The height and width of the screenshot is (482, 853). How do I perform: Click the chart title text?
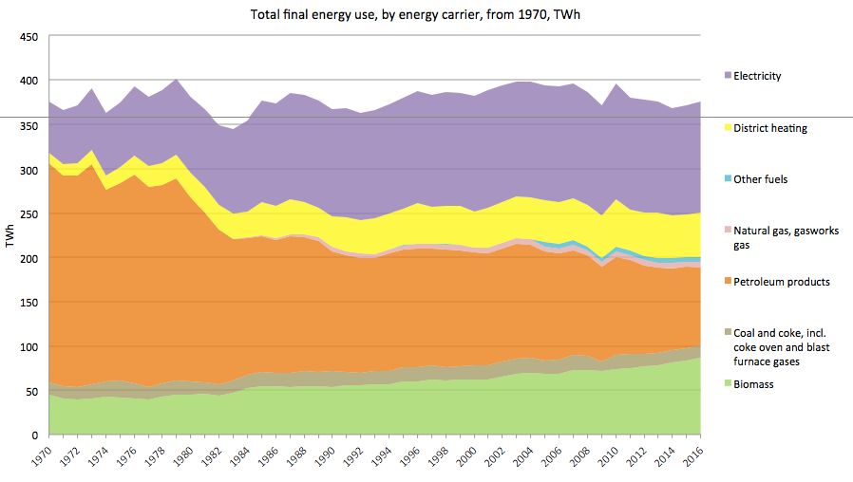point(426,15)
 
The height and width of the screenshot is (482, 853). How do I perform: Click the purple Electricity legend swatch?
point(728,76)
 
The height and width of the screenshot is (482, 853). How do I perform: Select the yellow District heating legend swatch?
point(728,127)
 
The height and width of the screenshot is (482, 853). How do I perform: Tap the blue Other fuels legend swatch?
point(728,178)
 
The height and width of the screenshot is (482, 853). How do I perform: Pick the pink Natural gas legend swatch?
point(728,231)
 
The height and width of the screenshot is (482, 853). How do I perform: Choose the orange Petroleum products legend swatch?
point(728,282)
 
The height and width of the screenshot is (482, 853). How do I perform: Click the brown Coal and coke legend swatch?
point(728,333)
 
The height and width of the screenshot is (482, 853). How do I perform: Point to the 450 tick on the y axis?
point(28,37)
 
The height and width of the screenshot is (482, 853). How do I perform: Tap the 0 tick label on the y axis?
point(34,436)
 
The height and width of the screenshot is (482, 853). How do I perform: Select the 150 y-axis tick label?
point(28,303)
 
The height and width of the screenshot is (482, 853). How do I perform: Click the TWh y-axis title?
point(9,235)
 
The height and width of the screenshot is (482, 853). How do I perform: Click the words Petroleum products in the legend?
point(776,282)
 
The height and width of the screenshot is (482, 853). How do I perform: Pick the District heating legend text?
point(771,128)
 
